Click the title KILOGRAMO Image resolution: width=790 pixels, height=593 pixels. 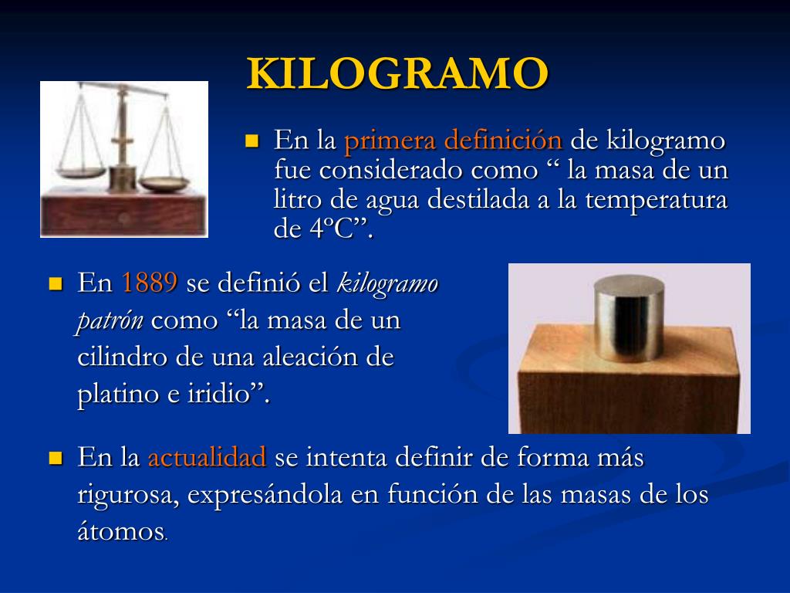[x=397, y=74]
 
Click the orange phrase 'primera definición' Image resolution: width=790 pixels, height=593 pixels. [x=452, y=141]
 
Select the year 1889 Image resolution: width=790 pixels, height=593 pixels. [x=150, y=283]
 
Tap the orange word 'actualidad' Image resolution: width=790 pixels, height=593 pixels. [x=207, y=458]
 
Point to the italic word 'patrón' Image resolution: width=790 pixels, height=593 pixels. [x=110, y=320]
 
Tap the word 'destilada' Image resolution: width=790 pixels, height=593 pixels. [x=448, y=200]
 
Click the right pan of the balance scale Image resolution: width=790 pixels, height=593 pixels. [x=167, y=184]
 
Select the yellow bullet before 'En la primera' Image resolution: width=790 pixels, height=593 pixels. [x=251, y=141]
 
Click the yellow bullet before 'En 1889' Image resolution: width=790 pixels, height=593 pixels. [x=55, y=283]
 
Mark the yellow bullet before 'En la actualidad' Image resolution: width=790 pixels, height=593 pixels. [x=55, y=458]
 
